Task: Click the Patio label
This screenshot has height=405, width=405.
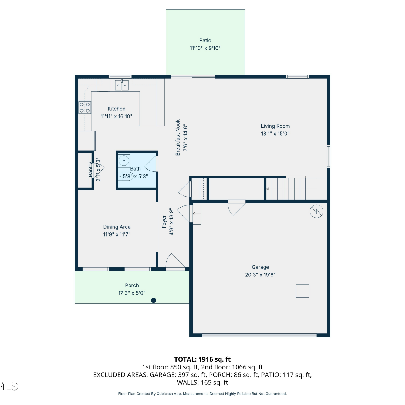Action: tap(205, 40)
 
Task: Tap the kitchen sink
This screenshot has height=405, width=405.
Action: tap(122, 85)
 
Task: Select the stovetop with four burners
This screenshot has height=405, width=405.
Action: tap(85, 107)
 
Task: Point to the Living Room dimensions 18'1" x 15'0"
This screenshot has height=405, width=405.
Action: tap(275, 134)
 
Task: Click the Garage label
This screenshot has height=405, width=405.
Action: tap(260, 267)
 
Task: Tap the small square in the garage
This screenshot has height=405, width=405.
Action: tap(303, 291)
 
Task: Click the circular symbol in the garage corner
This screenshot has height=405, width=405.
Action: tap(317, 211)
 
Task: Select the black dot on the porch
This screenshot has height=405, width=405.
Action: tap(154, 300)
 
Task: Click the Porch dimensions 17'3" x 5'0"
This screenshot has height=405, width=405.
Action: tap(132, 293)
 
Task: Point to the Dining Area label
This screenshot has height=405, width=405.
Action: tap(117, 227)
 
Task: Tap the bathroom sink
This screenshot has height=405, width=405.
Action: tap(124, 161)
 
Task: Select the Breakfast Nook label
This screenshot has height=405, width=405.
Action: tap(178, 137)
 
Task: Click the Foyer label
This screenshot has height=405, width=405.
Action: tap(164, 222)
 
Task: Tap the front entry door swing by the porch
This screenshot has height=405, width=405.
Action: tap(175, 261)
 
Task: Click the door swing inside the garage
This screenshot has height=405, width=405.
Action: tap(237, 208)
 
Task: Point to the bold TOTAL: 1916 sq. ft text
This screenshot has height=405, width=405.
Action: tap(202, 359)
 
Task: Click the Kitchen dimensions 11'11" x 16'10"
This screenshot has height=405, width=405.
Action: tap(116, 116)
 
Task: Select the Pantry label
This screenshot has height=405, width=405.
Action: tap(90, 170)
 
